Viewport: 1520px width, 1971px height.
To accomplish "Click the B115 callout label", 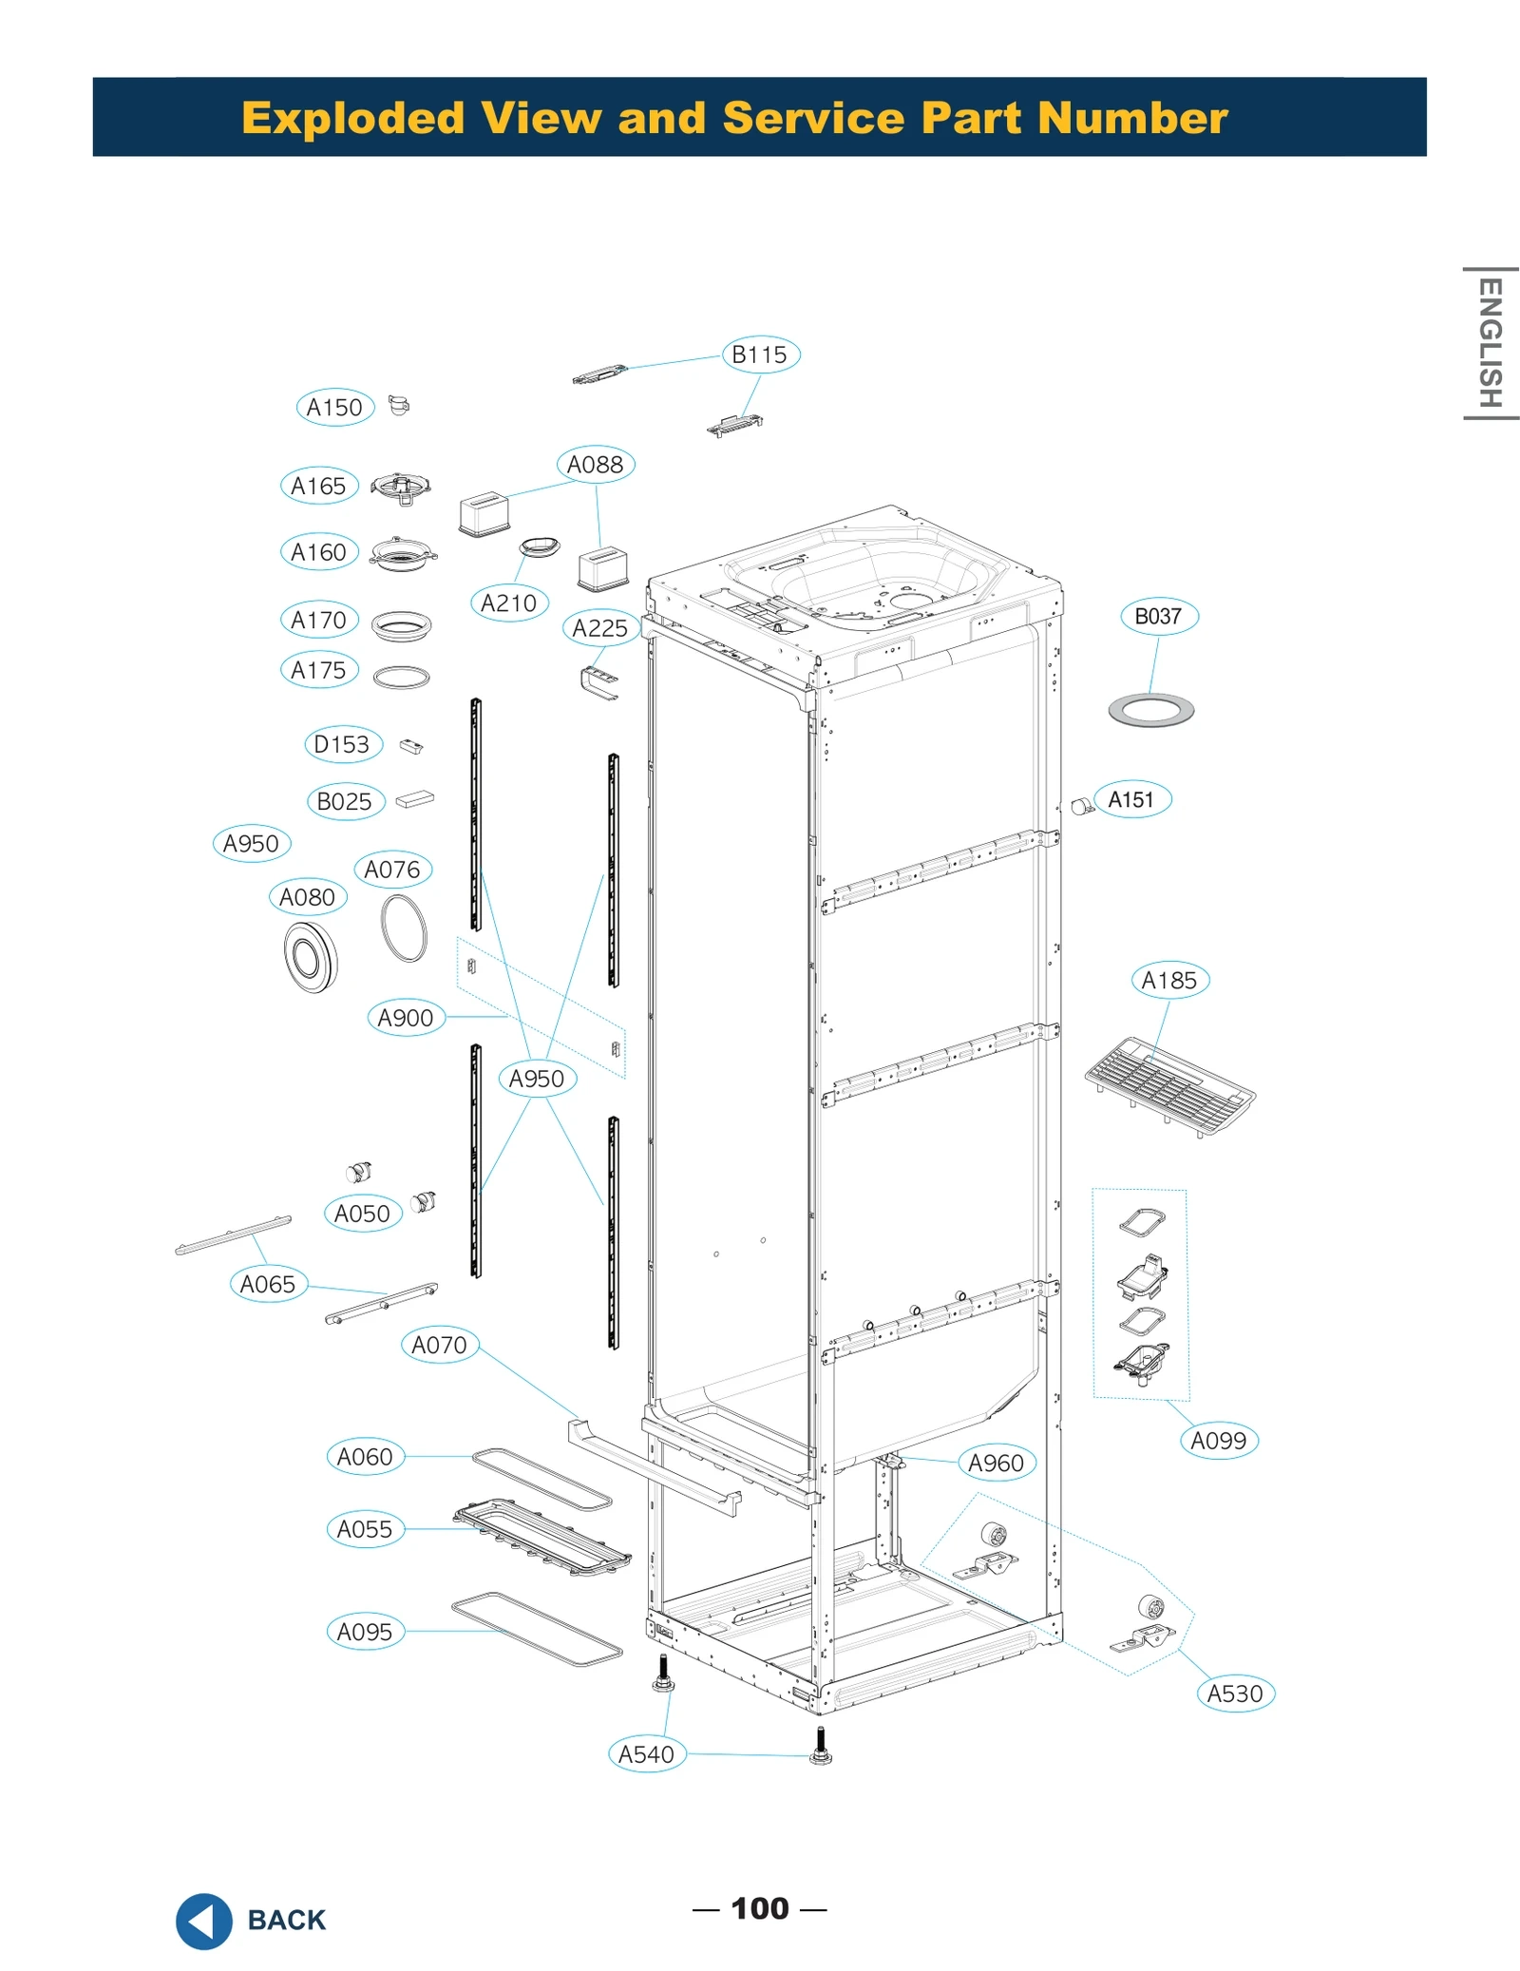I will click(760, 354).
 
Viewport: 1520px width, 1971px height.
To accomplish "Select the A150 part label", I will click(334, 408).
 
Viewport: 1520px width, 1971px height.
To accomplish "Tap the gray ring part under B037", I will click(1150, 710).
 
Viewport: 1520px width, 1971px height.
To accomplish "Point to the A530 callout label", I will click(1235, 1694).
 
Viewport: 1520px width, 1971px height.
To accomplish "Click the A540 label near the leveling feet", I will click(646, 1754).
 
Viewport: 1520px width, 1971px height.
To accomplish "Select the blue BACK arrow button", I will click(203, 1921).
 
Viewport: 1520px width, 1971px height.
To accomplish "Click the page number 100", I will click(759, 1908).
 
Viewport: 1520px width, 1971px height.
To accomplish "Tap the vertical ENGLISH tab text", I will click(1490, 343).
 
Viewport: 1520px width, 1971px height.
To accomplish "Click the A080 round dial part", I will click(310, 957).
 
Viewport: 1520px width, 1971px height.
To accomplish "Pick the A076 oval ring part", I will click(404, 928).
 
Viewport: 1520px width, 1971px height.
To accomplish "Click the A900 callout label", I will click(406, 1018).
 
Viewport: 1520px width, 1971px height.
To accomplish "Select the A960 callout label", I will click(996, 1463).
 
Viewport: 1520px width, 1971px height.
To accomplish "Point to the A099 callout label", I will click(1219, 1441).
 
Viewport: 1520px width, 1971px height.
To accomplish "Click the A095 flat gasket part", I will click(537, 1629).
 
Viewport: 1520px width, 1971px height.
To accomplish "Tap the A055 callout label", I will click(365, 1529).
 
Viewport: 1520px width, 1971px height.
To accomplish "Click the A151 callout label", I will click(1130, 799).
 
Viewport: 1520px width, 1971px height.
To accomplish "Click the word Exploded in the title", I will click(353, 118).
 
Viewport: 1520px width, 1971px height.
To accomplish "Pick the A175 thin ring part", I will click(401, 677).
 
